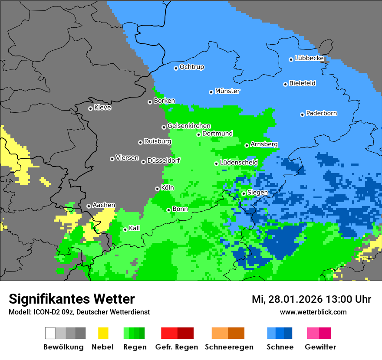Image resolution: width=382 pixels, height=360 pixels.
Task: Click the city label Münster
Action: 227,91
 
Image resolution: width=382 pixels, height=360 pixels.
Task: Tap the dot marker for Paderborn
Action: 302,115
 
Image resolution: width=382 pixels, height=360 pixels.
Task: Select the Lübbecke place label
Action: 309,58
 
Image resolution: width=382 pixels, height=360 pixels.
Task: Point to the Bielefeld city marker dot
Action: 285,84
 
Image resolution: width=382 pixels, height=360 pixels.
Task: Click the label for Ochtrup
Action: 192,67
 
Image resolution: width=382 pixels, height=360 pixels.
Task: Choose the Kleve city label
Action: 102,108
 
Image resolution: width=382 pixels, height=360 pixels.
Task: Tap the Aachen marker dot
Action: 89,206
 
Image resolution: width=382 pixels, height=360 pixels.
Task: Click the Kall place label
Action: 135,228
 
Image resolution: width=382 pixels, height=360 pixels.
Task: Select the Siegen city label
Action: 257,193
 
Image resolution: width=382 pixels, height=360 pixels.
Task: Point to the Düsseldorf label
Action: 164,160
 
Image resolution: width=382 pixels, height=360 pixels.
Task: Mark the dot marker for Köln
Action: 157,189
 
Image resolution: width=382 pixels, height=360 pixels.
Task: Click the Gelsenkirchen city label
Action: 189,126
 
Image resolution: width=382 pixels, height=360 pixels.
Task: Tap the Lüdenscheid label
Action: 239,163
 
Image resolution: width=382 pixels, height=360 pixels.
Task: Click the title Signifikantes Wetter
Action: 72,299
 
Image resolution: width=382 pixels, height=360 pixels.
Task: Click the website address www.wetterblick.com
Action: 313,312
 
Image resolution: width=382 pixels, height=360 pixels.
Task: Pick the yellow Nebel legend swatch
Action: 103,333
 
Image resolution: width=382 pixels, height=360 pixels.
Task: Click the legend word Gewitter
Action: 320,347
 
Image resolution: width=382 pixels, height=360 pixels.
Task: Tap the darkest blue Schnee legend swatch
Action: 288,333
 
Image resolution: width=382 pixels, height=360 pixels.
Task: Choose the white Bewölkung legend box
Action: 50,333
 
